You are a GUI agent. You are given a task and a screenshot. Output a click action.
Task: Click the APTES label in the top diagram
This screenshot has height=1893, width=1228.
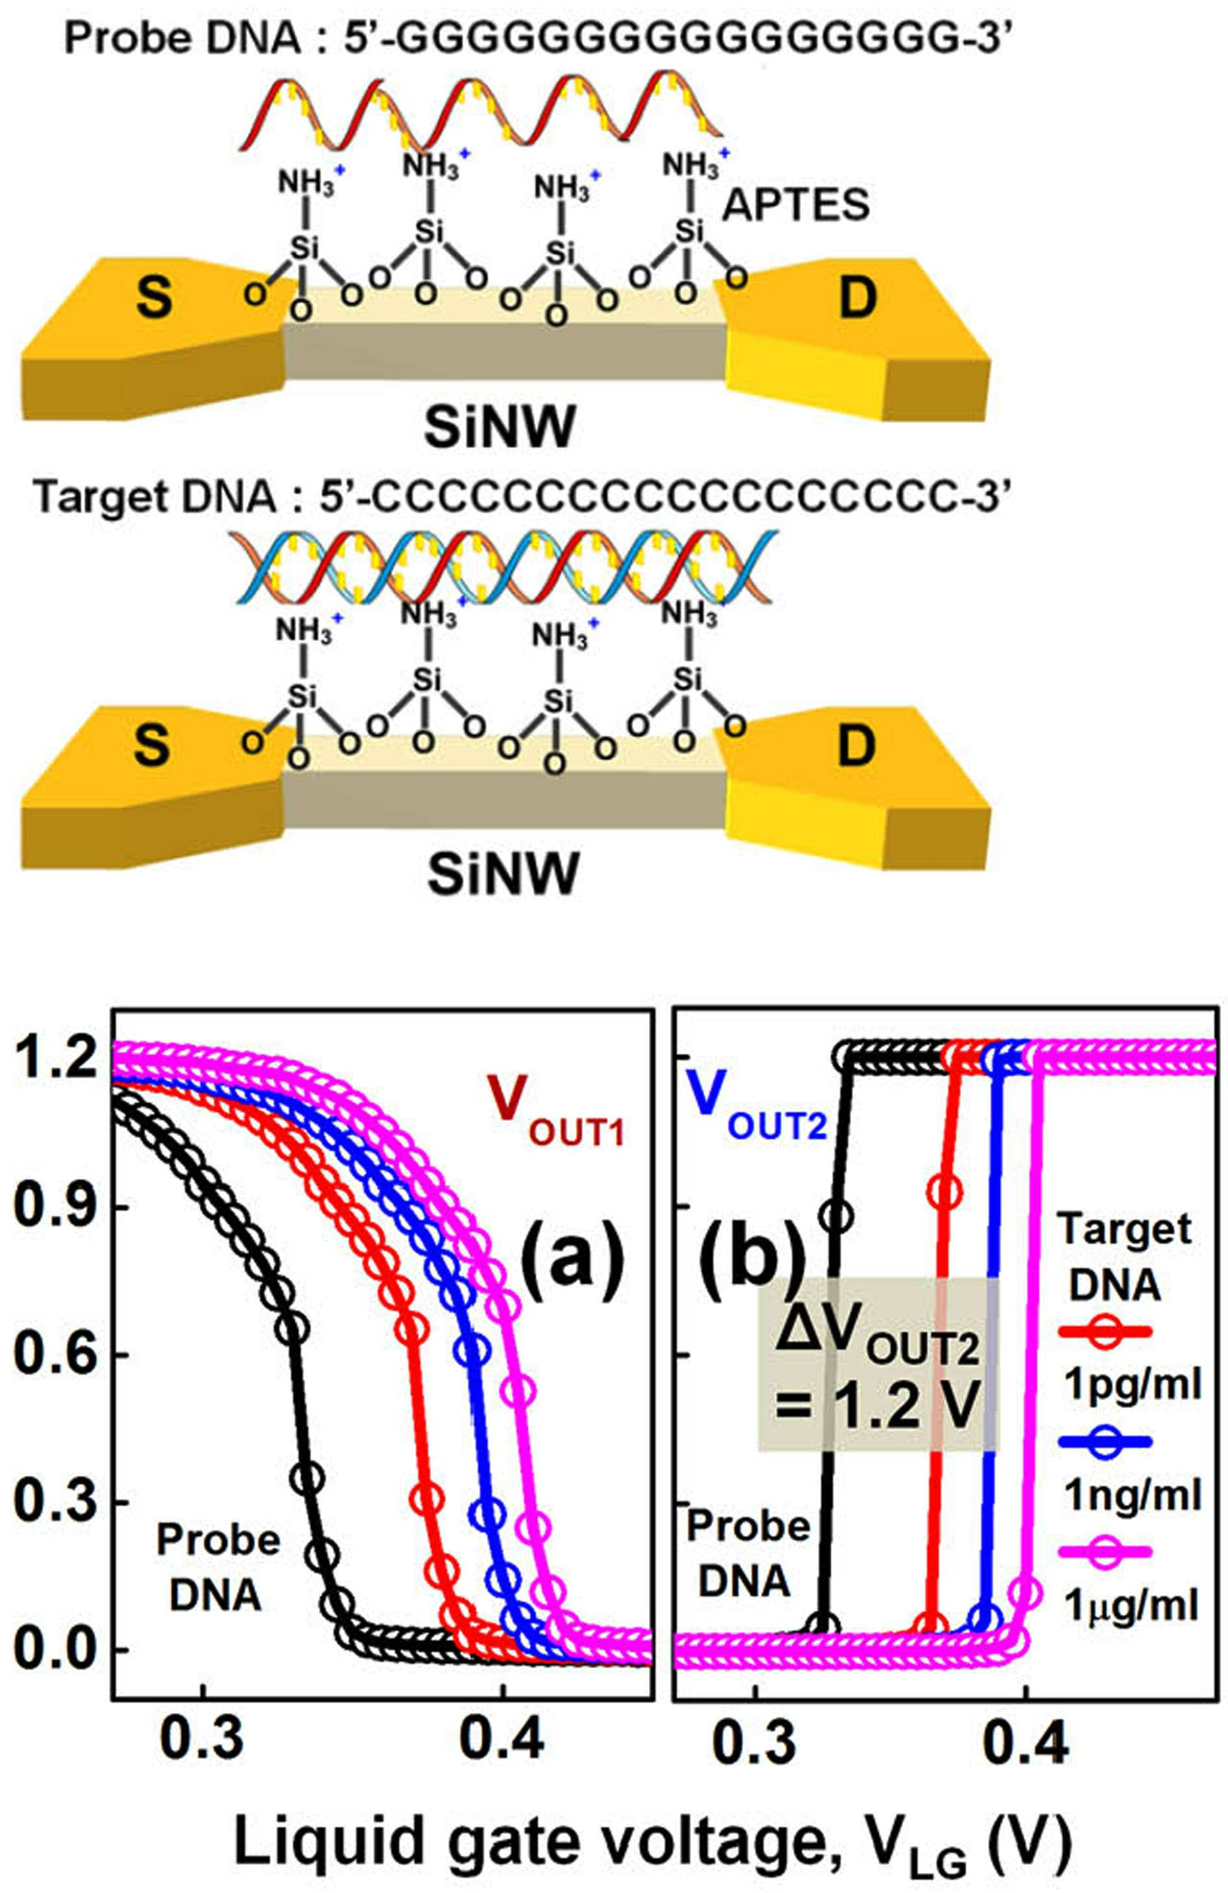click(x=796, y=206)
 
